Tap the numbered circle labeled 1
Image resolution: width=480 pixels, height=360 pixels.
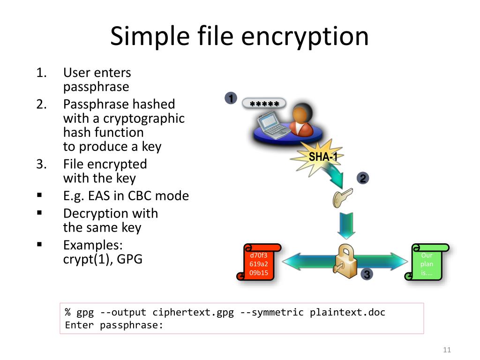click(x=230, y=98)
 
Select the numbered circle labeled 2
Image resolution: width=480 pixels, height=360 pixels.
click(x=363, y=178)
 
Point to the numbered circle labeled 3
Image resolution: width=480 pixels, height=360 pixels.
click(x=367, y=275)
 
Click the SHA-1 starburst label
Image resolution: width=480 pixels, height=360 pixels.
click(x=323, y=157)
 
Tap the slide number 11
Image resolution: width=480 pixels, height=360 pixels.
click(x=446, y=350)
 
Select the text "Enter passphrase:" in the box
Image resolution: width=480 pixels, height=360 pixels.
click(x=114, y=325)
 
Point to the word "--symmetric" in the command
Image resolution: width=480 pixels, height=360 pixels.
click(x=272, y=313)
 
